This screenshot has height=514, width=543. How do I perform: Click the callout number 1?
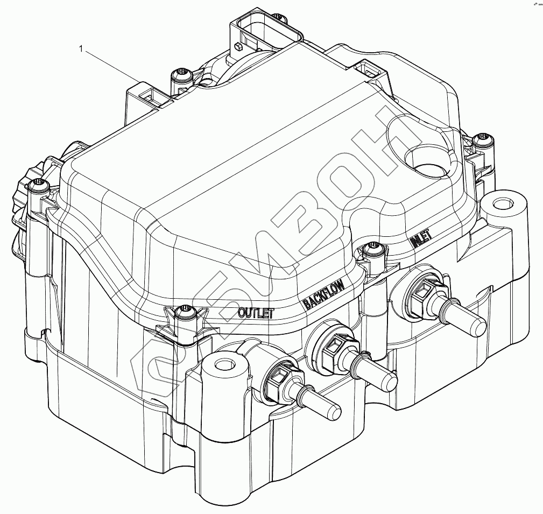81,49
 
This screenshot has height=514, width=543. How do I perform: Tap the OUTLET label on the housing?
256,312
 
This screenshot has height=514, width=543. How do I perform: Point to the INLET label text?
424,239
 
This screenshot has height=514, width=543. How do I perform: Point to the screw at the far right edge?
482,141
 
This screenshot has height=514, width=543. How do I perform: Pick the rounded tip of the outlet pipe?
330,410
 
